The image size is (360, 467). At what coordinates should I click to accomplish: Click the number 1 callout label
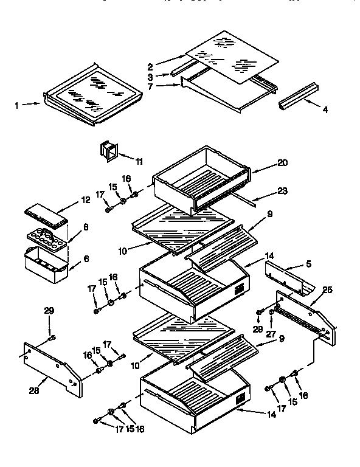pos(17,105)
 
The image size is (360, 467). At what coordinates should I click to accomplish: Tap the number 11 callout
pos(139,161)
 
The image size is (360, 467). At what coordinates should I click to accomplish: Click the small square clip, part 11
pos(108,153)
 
